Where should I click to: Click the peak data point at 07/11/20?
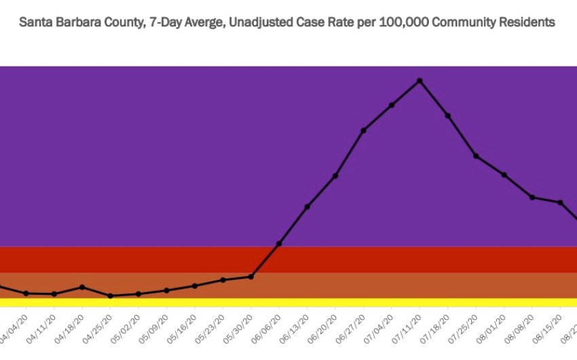pyautogui.click(x=420, y=80)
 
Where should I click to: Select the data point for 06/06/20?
pyautogui.click(x=279, y=243)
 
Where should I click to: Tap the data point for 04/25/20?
pyautogui.click(x=111, y=296)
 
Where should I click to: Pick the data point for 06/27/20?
pyautogui.click(x=364, y=130)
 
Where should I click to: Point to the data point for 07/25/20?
pyautogui.click(x=477, y=156)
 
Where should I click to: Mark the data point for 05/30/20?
pyautogui.click(x=251, y=276)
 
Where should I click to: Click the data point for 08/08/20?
pyautogui.click(x=532, y=197)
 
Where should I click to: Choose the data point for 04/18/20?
pyautogui.click(x=82, y=287)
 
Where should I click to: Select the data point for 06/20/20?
pyautogui.click(x=335, y=176)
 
